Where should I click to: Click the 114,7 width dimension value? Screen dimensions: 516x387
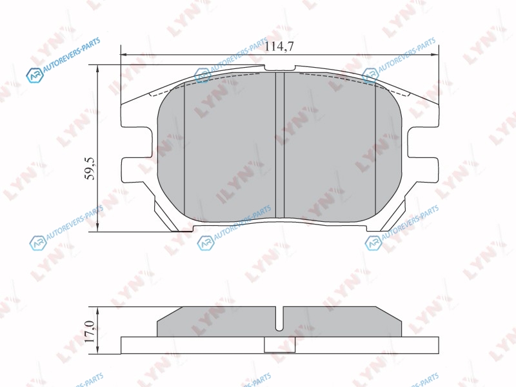pyautogui.click(x=279, y=46)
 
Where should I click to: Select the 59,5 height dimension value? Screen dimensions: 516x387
pyautogui.click(x=90, y=168)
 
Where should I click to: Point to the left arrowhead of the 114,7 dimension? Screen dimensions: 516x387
pyautogui.click(x=124, y=54)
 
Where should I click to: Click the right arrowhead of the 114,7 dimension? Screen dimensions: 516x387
pyautogui.click(x=435, y=54)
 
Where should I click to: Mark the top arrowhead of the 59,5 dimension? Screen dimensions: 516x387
pyautogui.click(x=98, y=68)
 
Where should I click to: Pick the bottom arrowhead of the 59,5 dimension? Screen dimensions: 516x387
pyautogui.click(x=98, y=228)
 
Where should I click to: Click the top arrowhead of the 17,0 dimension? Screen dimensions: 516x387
pyautogui.click(x=98, y=310)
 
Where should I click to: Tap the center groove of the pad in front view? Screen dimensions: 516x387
pyautogui.click(x=280, y=144)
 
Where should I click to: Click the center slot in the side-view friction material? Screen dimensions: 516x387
pyautogui.click(x=279, y=319)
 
